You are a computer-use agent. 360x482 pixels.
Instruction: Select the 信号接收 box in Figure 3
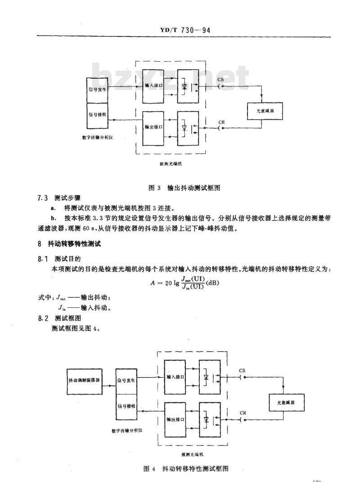[x=98, y=115]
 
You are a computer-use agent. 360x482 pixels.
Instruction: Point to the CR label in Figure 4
[x=243, y=412]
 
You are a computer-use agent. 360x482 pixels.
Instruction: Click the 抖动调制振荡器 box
[x=84, y=380]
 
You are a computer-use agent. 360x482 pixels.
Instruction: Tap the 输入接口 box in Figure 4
[x=175, y=377]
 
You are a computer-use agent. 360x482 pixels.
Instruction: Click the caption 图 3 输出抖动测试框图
[x=180, y=187]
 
